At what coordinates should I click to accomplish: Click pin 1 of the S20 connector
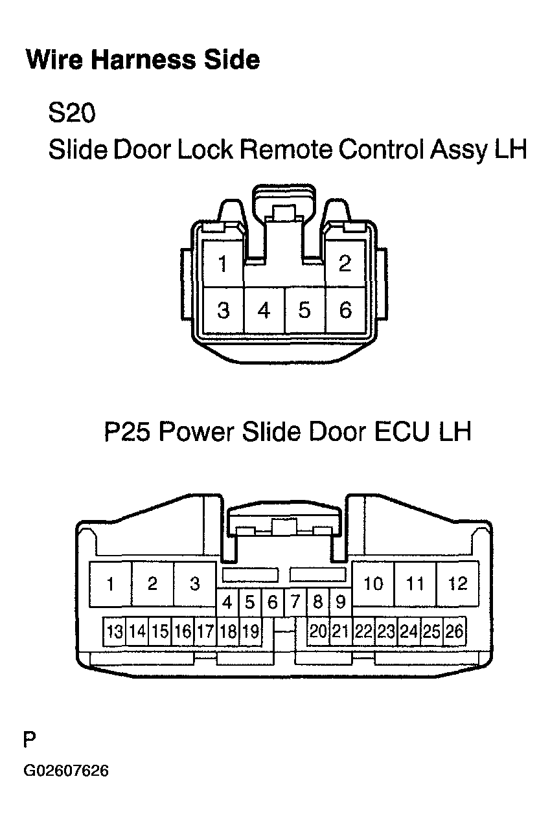pyautogui.click(x=223, y=264)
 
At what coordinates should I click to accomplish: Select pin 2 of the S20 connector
pyautogui.click(x=345, y=264)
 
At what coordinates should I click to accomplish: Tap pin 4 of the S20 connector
pyautogui.click(x=264, y=311)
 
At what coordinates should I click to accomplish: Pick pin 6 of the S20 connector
pyautogui.click(x=345, y=311)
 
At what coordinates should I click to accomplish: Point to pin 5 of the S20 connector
pyautogui.click(x=304, y=311)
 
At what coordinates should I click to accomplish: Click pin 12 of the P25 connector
pyautogui.click(x=457, y=583)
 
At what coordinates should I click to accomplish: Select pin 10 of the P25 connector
pyautogui.click(x=373, y=583)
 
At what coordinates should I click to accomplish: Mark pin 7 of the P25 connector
pyautogui.click(x=295, y=603)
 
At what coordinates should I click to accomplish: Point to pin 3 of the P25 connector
pyautogui.click(x=194, y=583)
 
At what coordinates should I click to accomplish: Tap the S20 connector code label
pyautogui.click(x=72, y=114)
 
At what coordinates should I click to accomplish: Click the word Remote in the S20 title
pyautogui.click(x=286, y=150)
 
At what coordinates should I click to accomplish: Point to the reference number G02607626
pyautogui.click(x=66, y=771)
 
